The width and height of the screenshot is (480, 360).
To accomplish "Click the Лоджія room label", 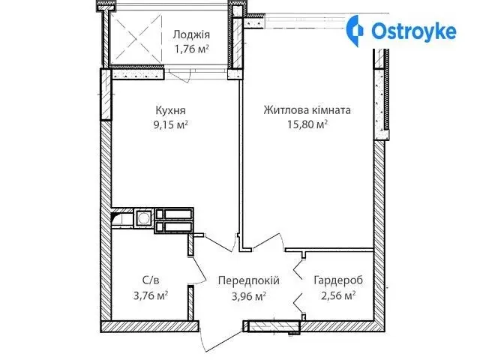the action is (191, 34).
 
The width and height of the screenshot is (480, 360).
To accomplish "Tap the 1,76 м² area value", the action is (192, 49).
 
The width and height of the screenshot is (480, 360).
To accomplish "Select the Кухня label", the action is (170, 110).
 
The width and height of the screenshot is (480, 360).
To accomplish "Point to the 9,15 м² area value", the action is (170, 124).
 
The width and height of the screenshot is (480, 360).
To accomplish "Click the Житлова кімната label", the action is (307, 110).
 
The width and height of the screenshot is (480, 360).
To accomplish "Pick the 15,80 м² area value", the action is (307, 124).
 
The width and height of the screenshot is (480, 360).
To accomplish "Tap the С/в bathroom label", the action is (151, 280).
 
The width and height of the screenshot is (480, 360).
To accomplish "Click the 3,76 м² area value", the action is (151, 295).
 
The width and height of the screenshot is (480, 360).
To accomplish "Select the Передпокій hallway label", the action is (248, 280).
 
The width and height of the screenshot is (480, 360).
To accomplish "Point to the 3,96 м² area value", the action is (248, 295).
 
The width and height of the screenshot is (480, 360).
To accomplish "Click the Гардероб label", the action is (338, 280).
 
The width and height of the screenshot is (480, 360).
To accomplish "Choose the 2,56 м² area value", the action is (338, 295).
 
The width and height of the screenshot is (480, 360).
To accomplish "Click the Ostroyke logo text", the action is (413, 31).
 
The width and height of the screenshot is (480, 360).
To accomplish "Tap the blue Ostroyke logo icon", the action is (355, 31).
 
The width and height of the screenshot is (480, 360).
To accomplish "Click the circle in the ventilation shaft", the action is (143, 218).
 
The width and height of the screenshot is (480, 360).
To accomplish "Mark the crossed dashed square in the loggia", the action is (136, 38).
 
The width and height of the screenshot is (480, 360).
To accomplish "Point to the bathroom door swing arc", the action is (199, 269).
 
